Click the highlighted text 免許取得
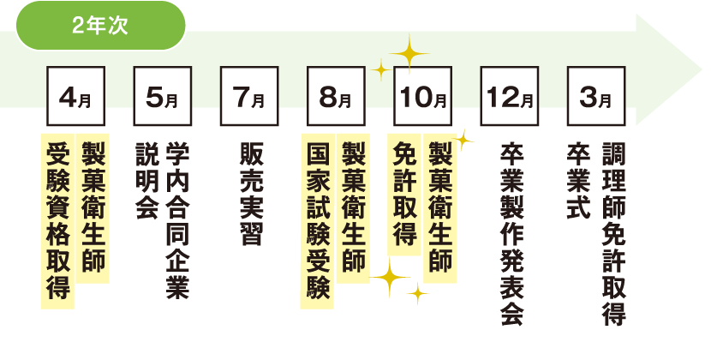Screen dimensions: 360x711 [405, 194]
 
